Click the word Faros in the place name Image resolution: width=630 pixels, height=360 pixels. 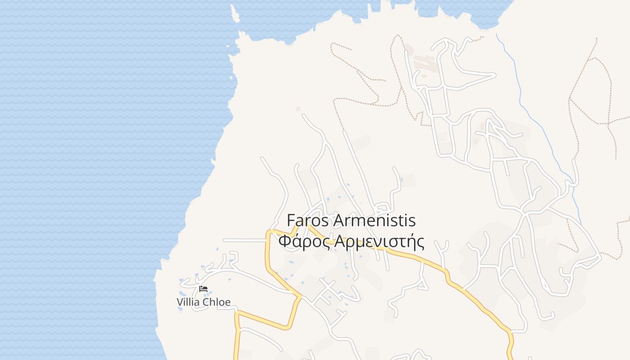[x=308, y=221]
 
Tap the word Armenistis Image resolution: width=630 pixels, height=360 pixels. [x=374, y=221]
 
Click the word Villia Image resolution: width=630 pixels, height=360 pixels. [x=188, y=302]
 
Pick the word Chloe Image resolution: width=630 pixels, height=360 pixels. [x=217, y=302]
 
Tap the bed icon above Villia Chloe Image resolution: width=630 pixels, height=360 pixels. [x=203, y=289]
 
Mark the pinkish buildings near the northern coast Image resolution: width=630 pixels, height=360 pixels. [x=426, y=63]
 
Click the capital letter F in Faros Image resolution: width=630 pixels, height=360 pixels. [x=291, y=221]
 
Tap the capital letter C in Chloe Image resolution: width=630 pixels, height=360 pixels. [x=207, y=302]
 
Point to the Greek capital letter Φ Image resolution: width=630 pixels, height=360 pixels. [x=284, y=242]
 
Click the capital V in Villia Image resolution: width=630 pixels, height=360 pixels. [x=180, y=302]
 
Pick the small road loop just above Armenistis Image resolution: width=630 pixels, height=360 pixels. [x=383, y=208]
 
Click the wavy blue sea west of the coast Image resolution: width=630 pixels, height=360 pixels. [x=90, y=135]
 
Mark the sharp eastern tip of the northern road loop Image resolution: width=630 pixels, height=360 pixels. [x=495, y=76]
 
